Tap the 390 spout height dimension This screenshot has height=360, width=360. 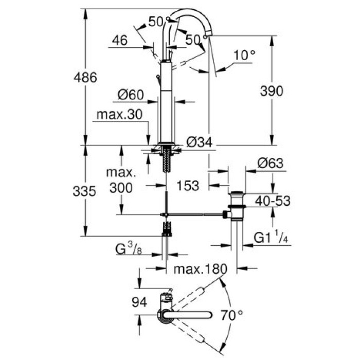point(271,91)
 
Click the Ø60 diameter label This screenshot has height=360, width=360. point(130,95)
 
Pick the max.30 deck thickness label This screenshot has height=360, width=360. point(118,114)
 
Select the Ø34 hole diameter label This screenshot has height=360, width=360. point(199,142)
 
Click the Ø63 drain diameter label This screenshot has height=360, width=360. point(270,164)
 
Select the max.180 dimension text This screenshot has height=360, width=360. point(199,269)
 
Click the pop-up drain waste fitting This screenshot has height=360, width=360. point(236,206)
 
